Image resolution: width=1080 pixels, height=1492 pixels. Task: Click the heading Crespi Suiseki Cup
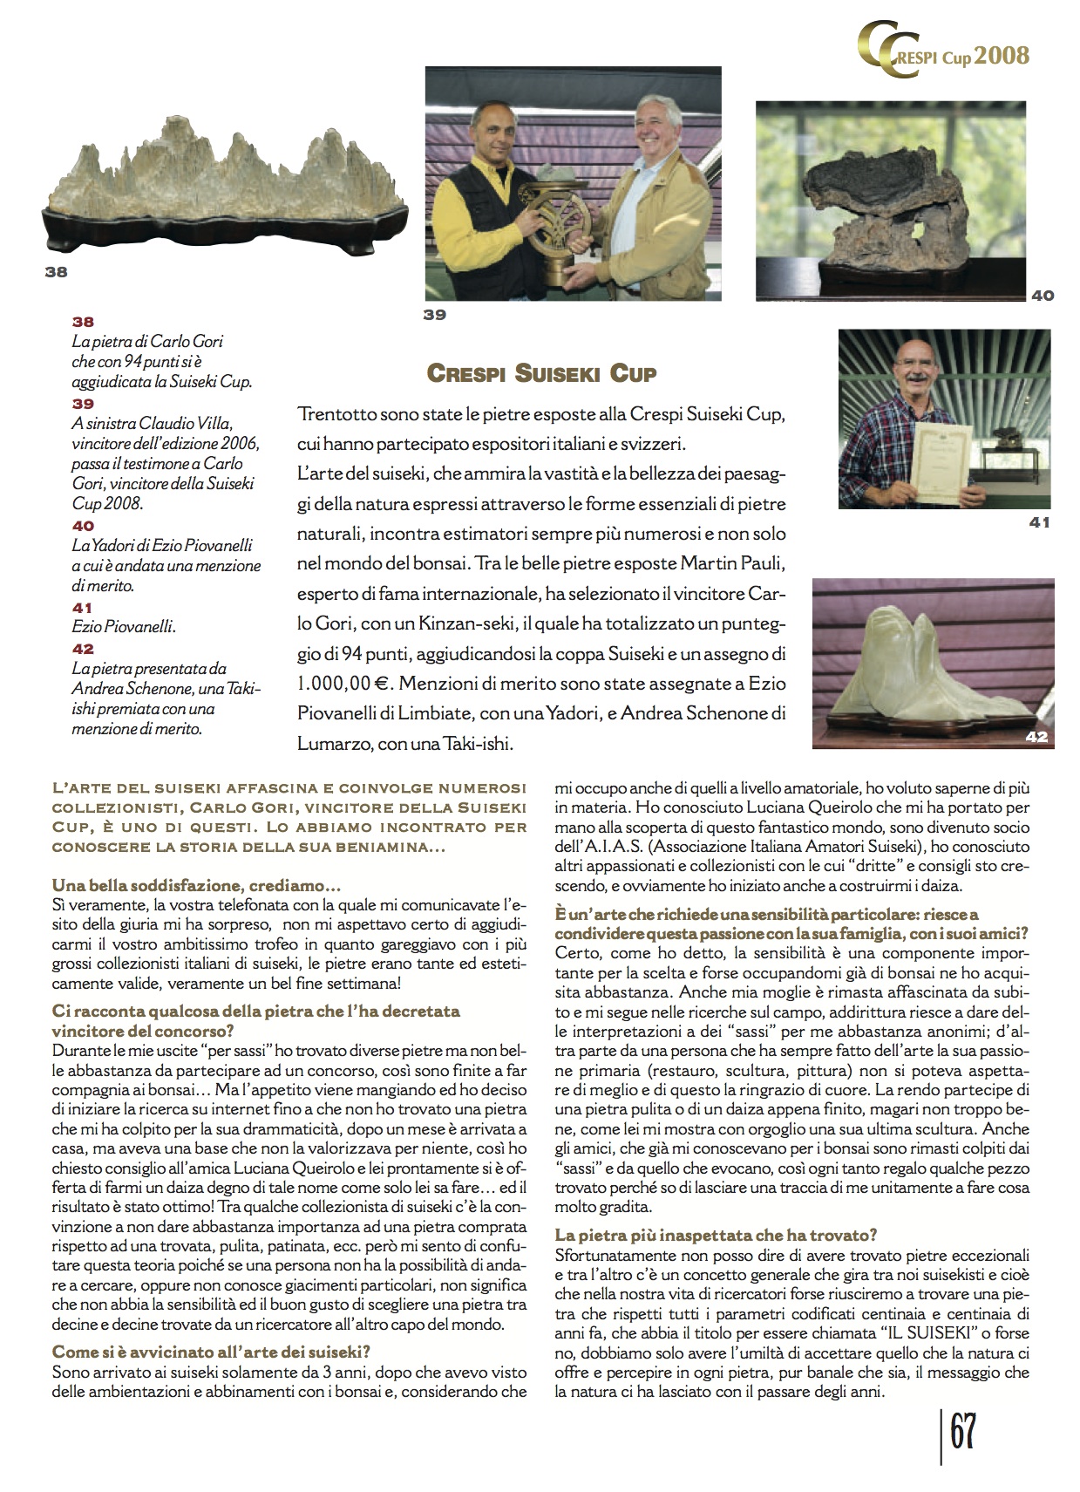[541, 373]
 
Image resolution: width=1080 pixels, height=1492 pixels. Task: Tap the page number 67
[961, 1432]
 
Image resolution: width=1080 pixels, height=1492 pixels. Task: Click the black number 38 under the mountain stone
[56, 272]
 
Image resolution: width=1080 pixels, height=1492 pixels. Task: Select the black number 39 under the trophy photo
[435, 315]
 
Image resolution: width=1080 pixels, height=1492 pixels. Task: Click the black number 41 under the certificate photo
[1040, 523]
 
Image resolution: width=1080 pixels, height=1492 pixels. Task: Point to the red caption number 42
[84, 649]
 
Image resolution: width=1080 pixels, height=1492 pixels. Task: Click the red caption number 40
[84, 526]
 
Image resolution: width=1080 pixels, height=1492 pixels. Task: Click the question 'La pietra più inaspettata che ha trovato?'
[716, 1235]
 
